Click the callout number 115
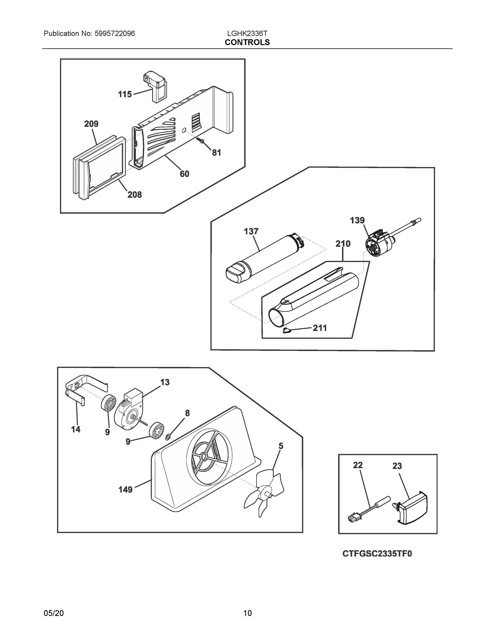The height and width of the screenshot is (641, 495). pos(125,94)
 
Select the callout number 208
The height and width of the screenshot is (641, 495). pos(134,195)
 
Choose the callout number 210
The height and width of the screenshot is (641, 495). pos(343,244)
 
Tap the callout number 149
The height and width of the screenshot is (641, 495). pos(125,490)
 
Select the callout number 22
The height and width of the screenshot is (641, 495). pos(358,465)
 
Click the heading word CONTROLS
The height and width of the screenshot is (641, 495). pos(247,42)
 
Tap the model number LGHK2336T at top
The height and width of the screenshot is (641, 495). pos(247,33)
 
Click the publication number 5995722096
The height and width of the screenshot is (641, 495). pos(115,33)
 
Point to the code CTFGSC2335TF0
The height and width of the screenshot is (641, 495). pos(377,554)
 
